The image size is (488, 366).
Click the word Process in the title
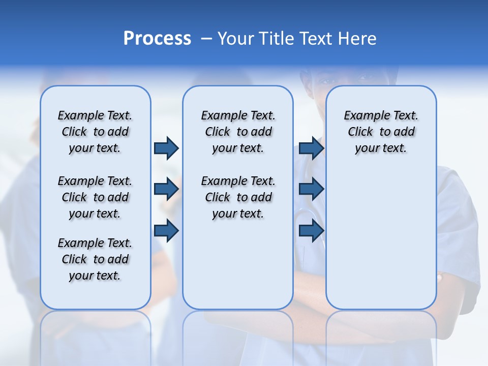coord(157,39)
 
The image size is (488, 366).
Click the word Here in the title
coord(357,39)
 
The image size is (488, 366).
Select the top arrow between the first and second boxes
coord(166,148)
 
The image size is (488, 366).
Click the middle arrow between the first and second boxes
coord(166,189)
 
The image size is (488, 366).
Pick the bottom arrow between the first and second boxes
coord(166,230)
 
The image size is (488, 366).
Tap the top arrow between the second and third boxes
coord(311,148)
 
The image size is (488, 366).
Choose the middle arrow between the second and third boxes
coord(311,189)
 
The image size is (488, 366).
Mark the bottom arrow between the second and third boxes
coord(311,230)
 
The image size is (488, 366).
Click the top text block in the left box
coord(95,132)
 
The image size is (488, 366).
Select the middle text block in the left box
coord(95,197)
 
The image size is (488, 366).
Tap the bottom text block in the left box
coord(95,259)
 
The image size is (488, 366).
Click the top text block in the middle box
coord(238,132)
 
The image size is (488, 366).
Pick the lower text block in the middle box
coord(238,197)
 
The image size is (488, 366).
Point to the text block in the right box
coord(381,132)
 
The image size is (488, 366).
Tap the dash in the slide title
coord(206,39)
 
